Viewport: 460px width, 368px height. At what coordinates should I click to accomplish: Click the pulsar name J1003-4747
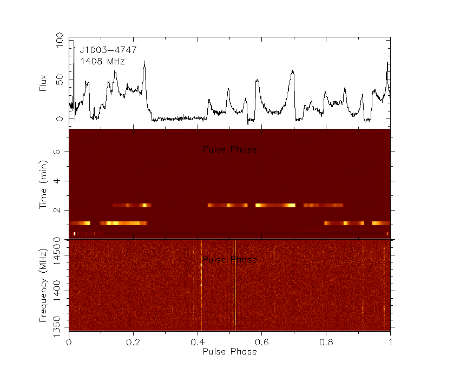point(108,50)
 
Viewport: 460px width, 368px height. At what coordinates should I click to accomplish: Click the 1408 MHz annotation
point(103,62)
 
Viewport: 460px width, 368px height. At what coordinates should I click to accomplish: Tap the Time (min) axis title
point(43,184)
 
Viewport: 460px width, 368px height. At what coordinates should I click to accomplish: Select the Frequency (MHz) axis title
point(43,284)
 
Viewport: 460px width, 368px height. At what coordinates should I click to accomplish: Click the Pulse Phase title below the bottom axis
point(229,352)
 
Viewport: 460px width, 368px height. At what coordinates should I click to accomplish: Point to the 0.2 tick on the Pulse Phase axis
point(133,342)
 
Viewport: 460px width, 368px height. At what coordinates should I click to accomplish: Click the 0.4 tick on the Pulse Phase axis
point(198,342)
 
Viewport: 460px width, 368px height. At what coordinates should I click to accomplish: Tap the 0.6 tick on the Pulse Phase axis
point(261,342)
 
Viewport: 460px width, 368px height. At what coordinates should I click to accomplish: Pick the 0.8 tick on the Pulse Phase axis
point(326,342)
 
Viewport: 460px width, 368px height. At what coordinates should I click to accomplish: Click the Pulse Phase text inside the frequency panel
point(229,260)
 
